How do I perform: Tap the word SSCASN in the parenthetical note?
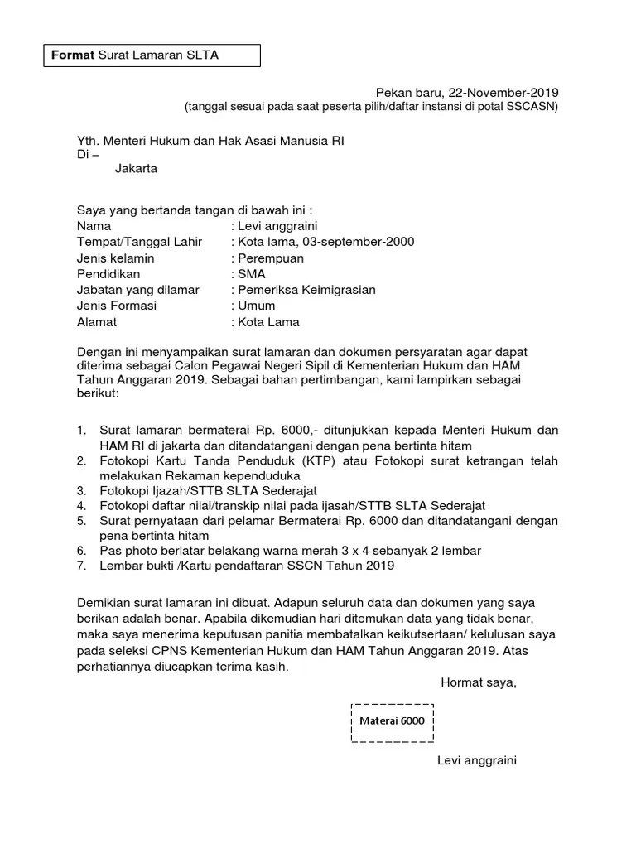tap(535, 107)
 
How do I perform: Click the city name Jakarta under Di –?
tap(136, 169)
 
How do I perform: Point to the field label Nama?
tap(94, 226)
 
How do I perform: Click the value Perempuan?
tap(271, 258)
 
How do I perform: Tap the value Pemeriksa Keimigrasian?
tap(306, 290)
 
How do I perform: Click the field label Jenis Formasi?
tap(117, 306)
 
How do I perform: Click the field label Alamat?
tap(97, 322)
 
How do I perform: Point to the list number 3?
tap(81, 490)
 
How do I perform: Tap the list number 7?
tap(81, 566)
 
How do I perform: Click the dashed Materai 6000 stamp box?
tap(392, 720)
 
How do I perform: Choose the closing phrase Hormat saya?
tap(478, 682)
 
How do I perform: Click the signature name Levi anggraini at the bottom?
tap(477, 760)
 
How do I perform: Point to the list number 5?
tap(81, 521)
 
